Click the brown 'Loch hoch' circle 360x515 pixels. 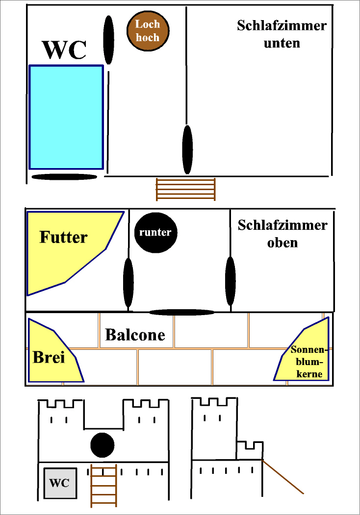148,31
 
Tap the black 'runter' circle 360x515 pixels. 155,233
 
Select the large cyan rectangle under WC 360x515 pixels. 66,117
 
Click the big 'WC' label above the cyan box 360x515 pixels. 65,50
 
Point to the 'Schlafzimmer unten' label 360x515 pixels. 282,34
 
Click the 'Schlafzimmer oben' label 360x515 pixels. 283,234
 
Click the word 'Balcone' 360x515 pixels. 135,335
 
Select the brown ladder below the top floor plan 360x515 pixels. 186,189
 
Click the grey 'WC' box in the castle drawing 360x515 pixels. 60,483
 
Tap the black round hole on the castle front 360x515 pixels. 103,445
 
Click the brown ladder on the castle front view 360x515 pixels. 104,486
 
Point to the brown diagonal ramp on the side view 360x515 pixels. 283,476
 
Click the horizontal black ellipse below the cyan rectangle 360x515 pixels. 64,177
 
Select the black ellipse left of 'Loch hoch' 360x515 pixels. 109,40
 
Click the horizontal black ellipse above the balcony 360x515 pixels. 182,312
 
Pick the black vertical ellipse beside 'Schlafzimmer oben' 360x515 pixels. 231,281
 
